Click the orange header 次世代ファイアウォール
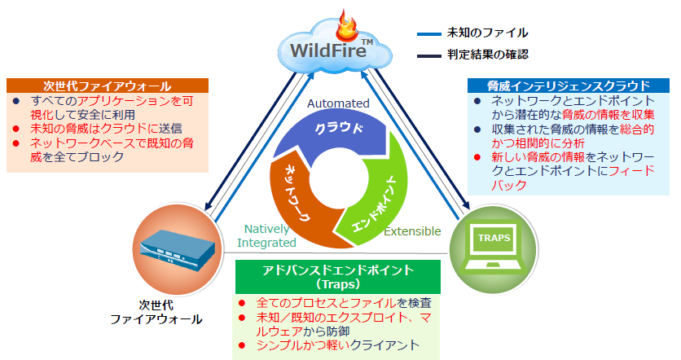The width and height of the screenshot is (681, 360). tap(107, 86)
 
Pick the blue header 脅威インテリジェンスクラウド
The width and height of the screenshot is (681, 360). tap(569, 85)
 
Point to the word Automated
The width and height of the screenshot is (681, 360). tap(338, 103)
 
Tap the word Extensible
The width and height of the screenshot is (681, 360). tap(412, 231)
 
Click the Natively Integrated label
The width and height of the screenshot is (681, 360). tap(266, 236)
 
